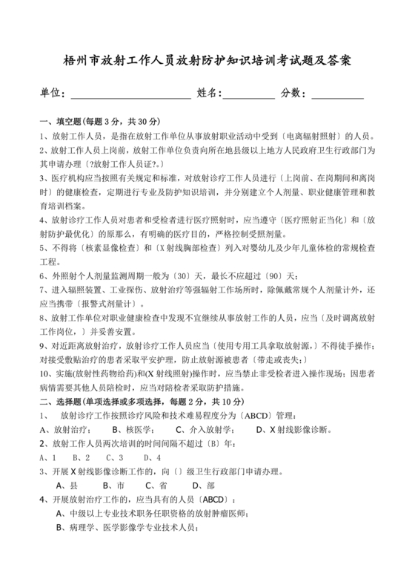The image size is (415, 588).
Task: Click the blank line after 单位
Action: coord(130,94)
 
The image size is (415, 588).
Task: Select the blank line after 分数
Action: coord(337,94)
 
